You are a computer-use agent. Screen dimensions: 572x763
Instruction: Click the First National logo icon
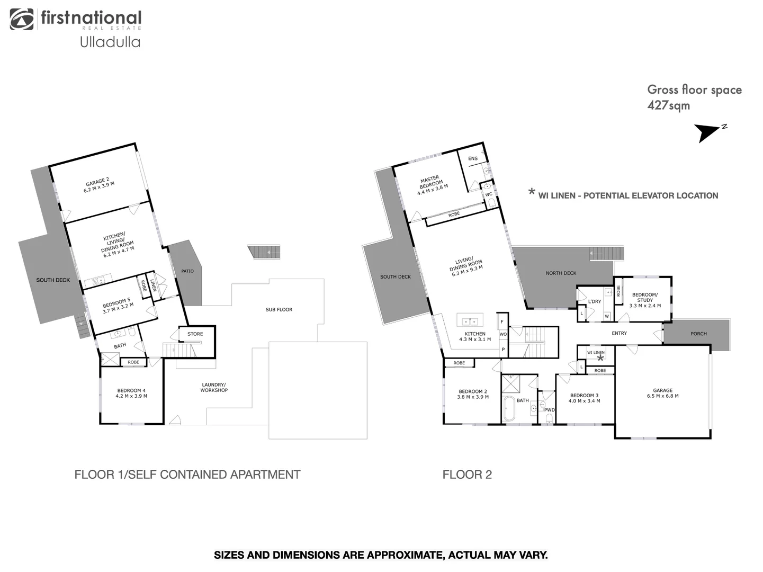[22, 19]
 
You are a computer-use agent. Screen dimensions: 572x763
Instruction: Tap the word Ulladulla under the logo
[110, 42]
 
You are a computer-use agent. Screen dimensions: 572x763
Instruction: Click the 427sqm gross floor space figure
[668, 105]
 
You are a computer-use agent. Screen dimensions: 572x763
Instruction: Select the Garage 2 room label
[98, 185]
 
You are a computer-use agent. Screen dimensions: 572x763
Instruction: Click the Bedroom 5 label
[118, 306]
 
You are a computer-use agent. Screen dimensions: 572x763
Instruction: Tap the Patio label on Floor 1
[187, 271]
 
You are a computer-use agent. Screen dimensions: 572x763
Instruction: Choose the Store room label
[195, 334]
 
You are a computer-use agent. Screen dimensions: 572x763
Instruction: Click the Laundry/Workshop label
[214, 388]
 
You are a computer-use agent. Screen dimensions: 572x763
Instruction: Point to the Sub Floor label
[279, 310]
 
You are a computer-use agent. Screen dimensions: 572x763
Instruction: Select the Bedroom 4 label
[131, 394]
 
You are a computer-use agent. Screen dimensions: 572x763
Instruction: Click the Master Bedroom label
[432, 185]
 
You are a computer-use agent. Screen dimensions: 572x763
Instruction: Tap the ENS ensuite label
[473, 158]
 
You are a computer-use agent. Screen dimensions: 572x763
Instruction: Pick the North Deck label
[561, 273]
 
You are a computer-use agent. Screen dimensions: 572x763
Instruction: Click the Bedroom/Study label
[645, 300]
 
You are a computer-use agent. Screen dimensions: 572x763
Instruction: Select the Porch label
[698, 334]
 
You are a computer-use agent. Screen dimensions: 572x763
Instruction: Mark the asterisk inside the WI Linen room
[600, 358]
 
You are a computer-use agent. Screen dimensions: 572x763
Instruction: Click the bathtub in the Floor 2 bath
[509, 409]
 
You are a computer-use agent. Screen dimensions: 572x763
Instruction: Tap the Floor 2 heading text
[467, 475]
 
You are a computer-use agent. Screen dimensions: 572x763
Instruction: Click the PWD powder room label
[550, 410]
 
